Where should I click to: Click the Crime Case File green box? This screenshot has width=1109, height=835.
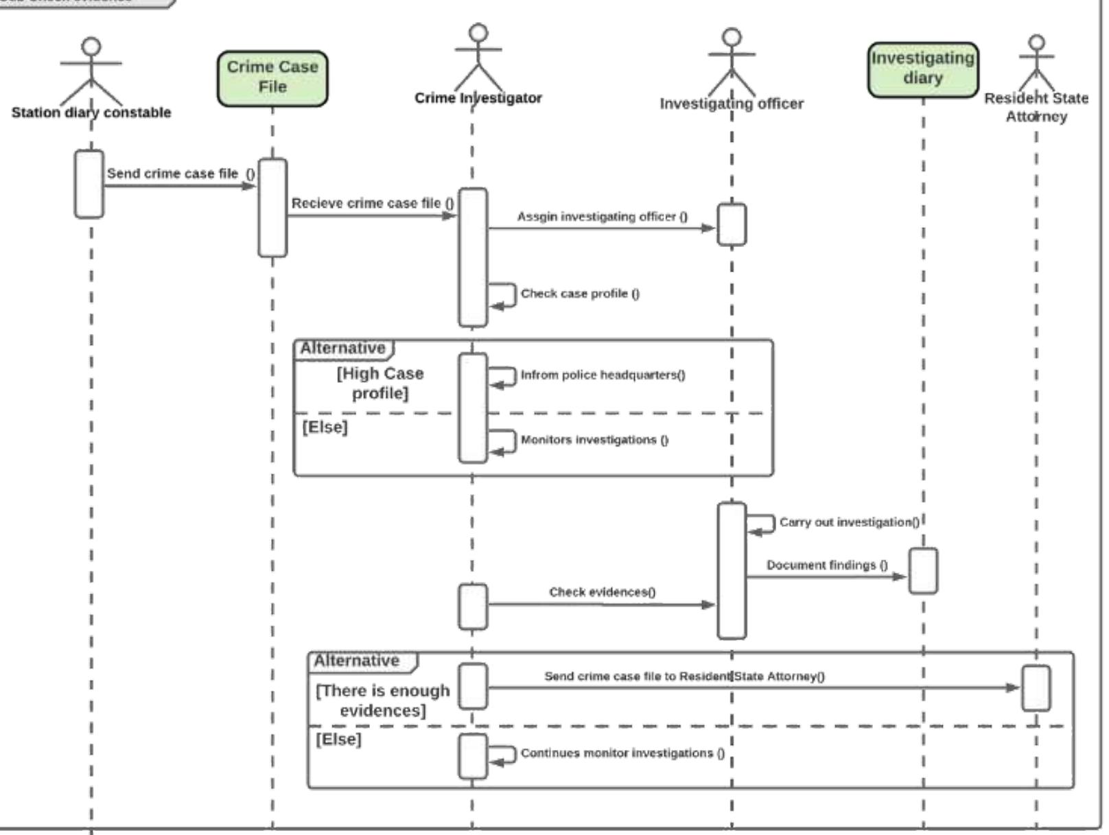[272, 78]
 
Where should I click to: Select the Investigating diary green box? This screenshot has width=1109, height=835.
[922, 69]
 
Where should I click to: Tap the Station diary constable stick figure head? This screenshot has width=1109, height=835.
[91, 47]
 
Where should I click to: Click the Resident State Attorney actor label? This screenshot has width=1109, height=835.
[1036, 107]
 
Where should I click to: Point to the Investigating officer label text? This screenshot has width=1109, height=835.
[732, 104]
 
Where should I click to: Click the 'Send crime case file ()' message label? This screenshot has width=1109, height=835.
[180, 174]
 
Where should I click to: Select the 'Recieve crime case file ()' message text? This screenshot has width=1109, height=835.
[372, 203]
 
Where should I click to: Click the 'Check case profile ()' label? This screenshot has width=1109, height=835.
[580, 294]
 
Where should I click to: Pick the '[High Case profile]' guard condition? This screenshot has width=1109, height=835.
[380, 383]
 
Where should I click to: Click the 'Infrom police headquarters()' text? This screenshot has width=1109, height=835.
[603, 375]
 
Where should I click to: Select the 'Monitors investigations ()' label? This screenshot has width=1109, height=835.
[594, 440]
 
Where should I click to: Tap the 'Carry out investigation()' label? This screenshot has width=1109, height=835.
[849, 522]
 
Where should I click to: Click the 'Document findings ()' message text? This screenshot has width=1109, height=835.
[826, 565]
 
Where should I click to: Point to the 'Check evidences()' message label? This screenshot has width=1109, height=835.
[602, 591]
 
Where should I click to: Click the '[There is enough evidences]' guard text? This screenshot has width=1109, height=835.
[382, 700]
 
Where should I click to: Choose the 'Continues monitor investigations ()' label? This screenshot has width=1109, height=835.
[622, 753]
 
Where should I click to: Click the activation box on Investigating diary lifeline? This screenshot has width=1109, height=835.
[922, 570]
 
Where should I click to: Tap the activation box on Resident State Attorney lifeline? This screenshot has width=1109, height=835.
[1036, 687]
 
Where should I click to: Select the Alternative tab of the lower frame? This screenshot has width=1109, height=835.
[357, 661]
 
